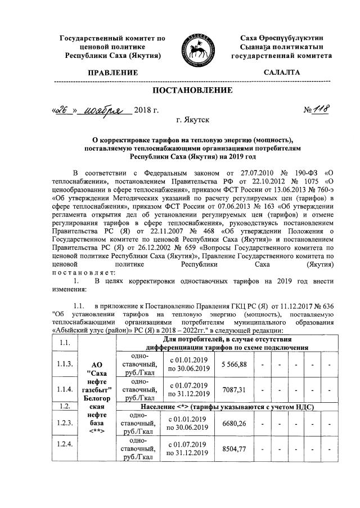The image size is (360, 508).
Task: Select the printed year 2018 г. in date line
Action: [148, 109]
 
